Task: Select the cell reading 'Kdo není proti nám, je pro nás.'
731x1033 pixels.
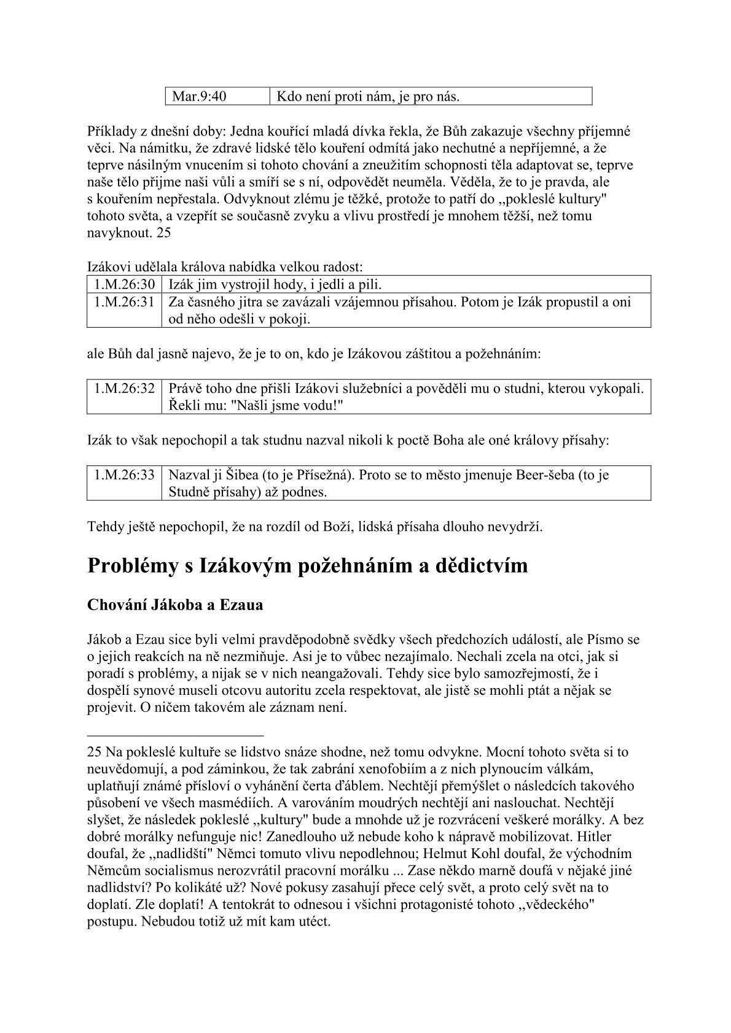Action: click(369, 96)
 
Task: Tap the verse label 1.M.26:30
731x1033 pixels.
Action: click(125, 284)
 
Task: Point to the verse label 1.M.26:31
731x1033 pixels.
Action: click(125, 303)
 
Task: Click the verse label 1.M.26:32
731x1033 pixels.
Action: click(125, 389)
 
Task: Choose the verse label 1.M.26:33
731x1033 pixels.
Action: click(125, 475)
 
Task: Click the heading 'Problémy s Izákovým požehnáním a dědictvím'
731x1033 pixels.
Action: click(308, 565)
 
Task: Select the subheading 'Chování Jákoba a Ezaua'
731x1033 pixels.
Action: click(176, 605)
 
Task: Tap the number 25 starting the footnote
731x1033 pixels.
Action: click(95, 752)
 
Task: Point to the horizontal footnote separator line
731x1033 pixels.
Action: click(176, 735)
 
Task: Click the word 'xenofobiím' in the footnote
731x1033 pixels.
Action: click(471, 769)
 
